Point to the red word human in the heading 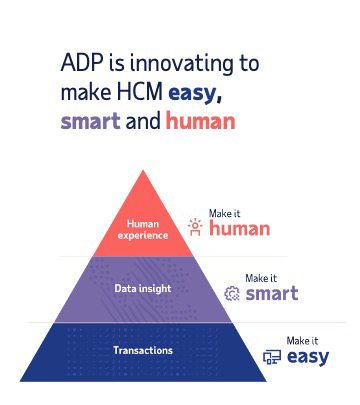coord(200,122)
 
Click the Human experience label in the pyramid coord(143,229)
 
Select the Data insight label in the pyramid coord(143,288)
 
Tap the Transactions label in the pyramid coord(143,350)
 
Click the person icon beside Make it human coord(196,227)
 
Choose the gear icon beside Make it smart coord(233,293)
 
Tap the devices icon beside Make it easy coord(271,357)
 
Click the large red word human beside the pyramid coord(240,229)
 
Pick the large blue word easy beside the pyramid coord(307,356)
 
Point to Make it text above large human coord(225,212)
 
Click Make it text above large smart coord(263,277)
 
